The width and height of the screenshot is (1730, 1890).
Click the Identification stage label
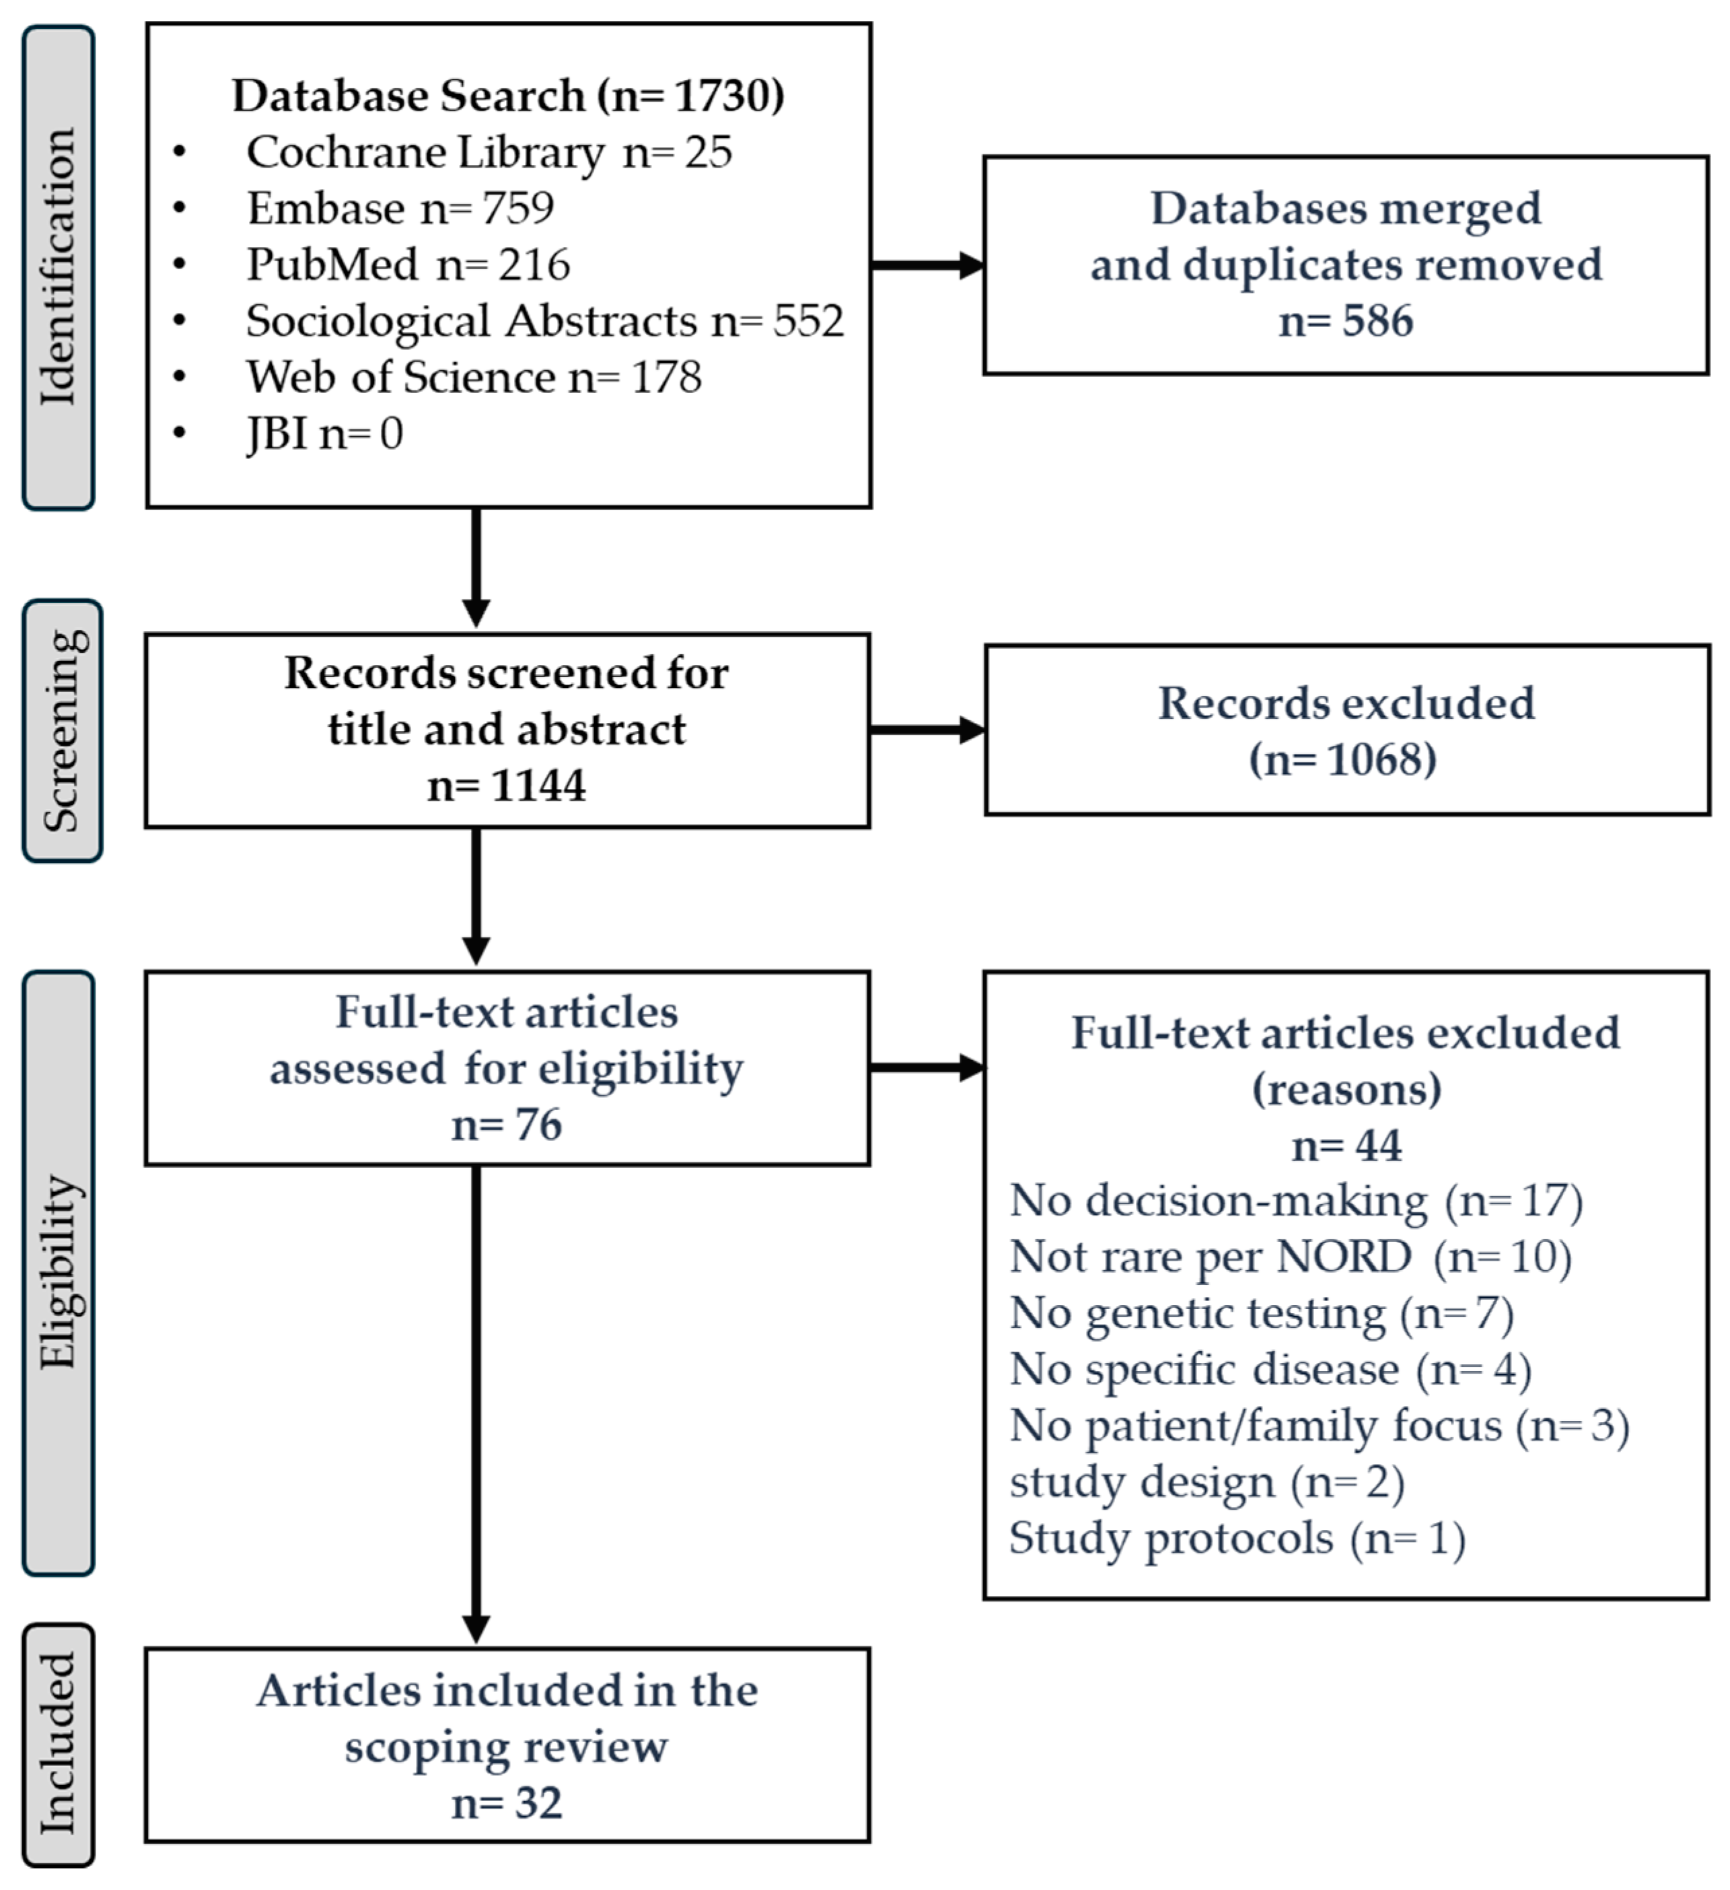(x=58, y=268)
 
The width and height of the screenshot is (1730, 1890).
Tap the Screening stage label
(x=62, y=730)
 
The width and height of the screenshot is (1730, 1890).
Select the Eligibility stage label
(x=58, y=1273)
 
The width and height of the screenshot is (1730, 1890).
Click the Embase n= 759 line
(x=400, y=208)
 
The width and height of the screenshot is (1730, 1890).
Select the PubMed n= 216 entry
(x=408, y=265)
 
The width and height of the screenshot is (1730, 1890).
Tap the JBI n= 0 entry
(x=324, y=433)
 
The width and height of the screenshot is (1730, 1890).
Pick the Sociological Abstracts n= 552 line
(x=544, y=320)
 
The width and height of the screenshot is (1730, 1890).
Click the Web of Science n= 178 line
(x=473, y=377)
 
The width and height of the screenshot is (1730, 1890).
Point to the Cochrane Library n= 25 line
(x=489, y=152)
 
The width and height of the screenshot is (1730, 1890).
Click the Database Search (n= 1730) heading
(x=508, y=96)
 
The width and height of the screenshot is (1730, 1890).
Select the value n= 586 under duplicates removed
(x=1346, y=320)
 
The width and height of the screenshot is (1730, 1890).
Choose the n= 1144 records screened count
(x=507, y=785)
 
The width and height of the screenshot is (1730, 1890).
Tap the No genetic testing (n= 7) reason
(x=1262, y=1312)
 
